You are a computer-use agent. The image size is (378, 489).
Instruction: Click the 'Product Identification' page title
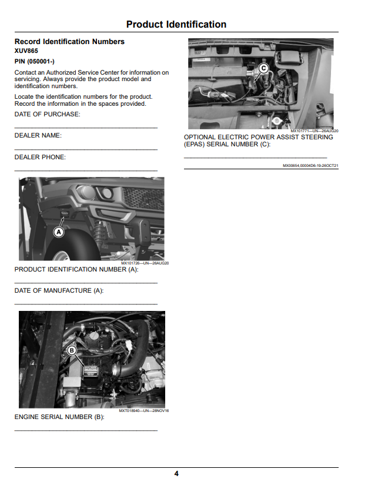coord(176,24)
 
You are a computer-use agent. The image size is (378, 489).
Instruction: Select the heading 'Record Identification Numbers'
coord(69,42)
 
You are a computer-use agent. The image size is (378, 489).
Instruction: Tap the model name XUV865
coord(26,51)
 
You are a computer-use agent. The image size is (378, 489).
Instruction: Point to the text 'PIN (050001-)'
coord(34,62)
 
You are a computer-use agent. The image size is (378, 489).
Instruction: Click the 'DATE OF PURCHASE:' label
coord(48,115)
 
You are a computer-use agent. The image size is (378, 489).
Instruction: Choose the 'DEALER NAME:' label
coord(38,136)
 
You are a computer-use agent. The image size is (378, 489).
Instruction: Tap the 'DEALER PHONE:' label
coord(40,157)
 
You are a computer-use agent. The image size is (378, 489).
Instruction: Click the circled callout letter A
coord(59,232)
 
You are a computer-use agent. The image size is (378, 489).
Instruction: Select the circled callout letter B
coord(72,350)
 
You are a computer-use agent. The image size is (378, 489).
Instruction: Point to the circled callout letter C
coord(263,68)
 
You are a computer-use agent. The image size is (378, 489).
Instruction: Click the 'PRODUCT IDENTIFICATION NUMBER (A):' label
coord(76,269)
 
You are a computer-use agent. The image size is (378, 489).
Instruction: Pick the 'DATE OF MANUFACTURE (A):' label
coord(59,291)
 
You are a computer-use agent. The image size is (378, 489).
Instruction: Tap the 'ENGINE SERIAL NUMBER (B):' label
coord(59,417)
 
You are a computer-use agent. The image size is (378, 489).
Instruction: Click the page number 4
coord(176,474)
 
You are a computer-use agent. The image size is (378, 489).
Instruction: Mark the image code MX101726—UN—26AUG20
coord(145,263)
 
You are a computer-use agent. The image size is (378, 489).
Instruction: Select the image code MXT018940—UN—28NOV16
coord(144,411)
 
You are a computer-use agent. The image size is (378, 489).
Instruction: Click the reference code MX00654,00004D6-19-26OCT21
coord(310,166)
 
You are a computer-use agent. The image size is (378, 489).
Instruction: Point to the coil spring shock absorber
coord(100,232)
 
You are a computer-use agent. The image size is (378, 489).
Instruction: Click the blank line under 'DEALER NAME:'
coord(86,150)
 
